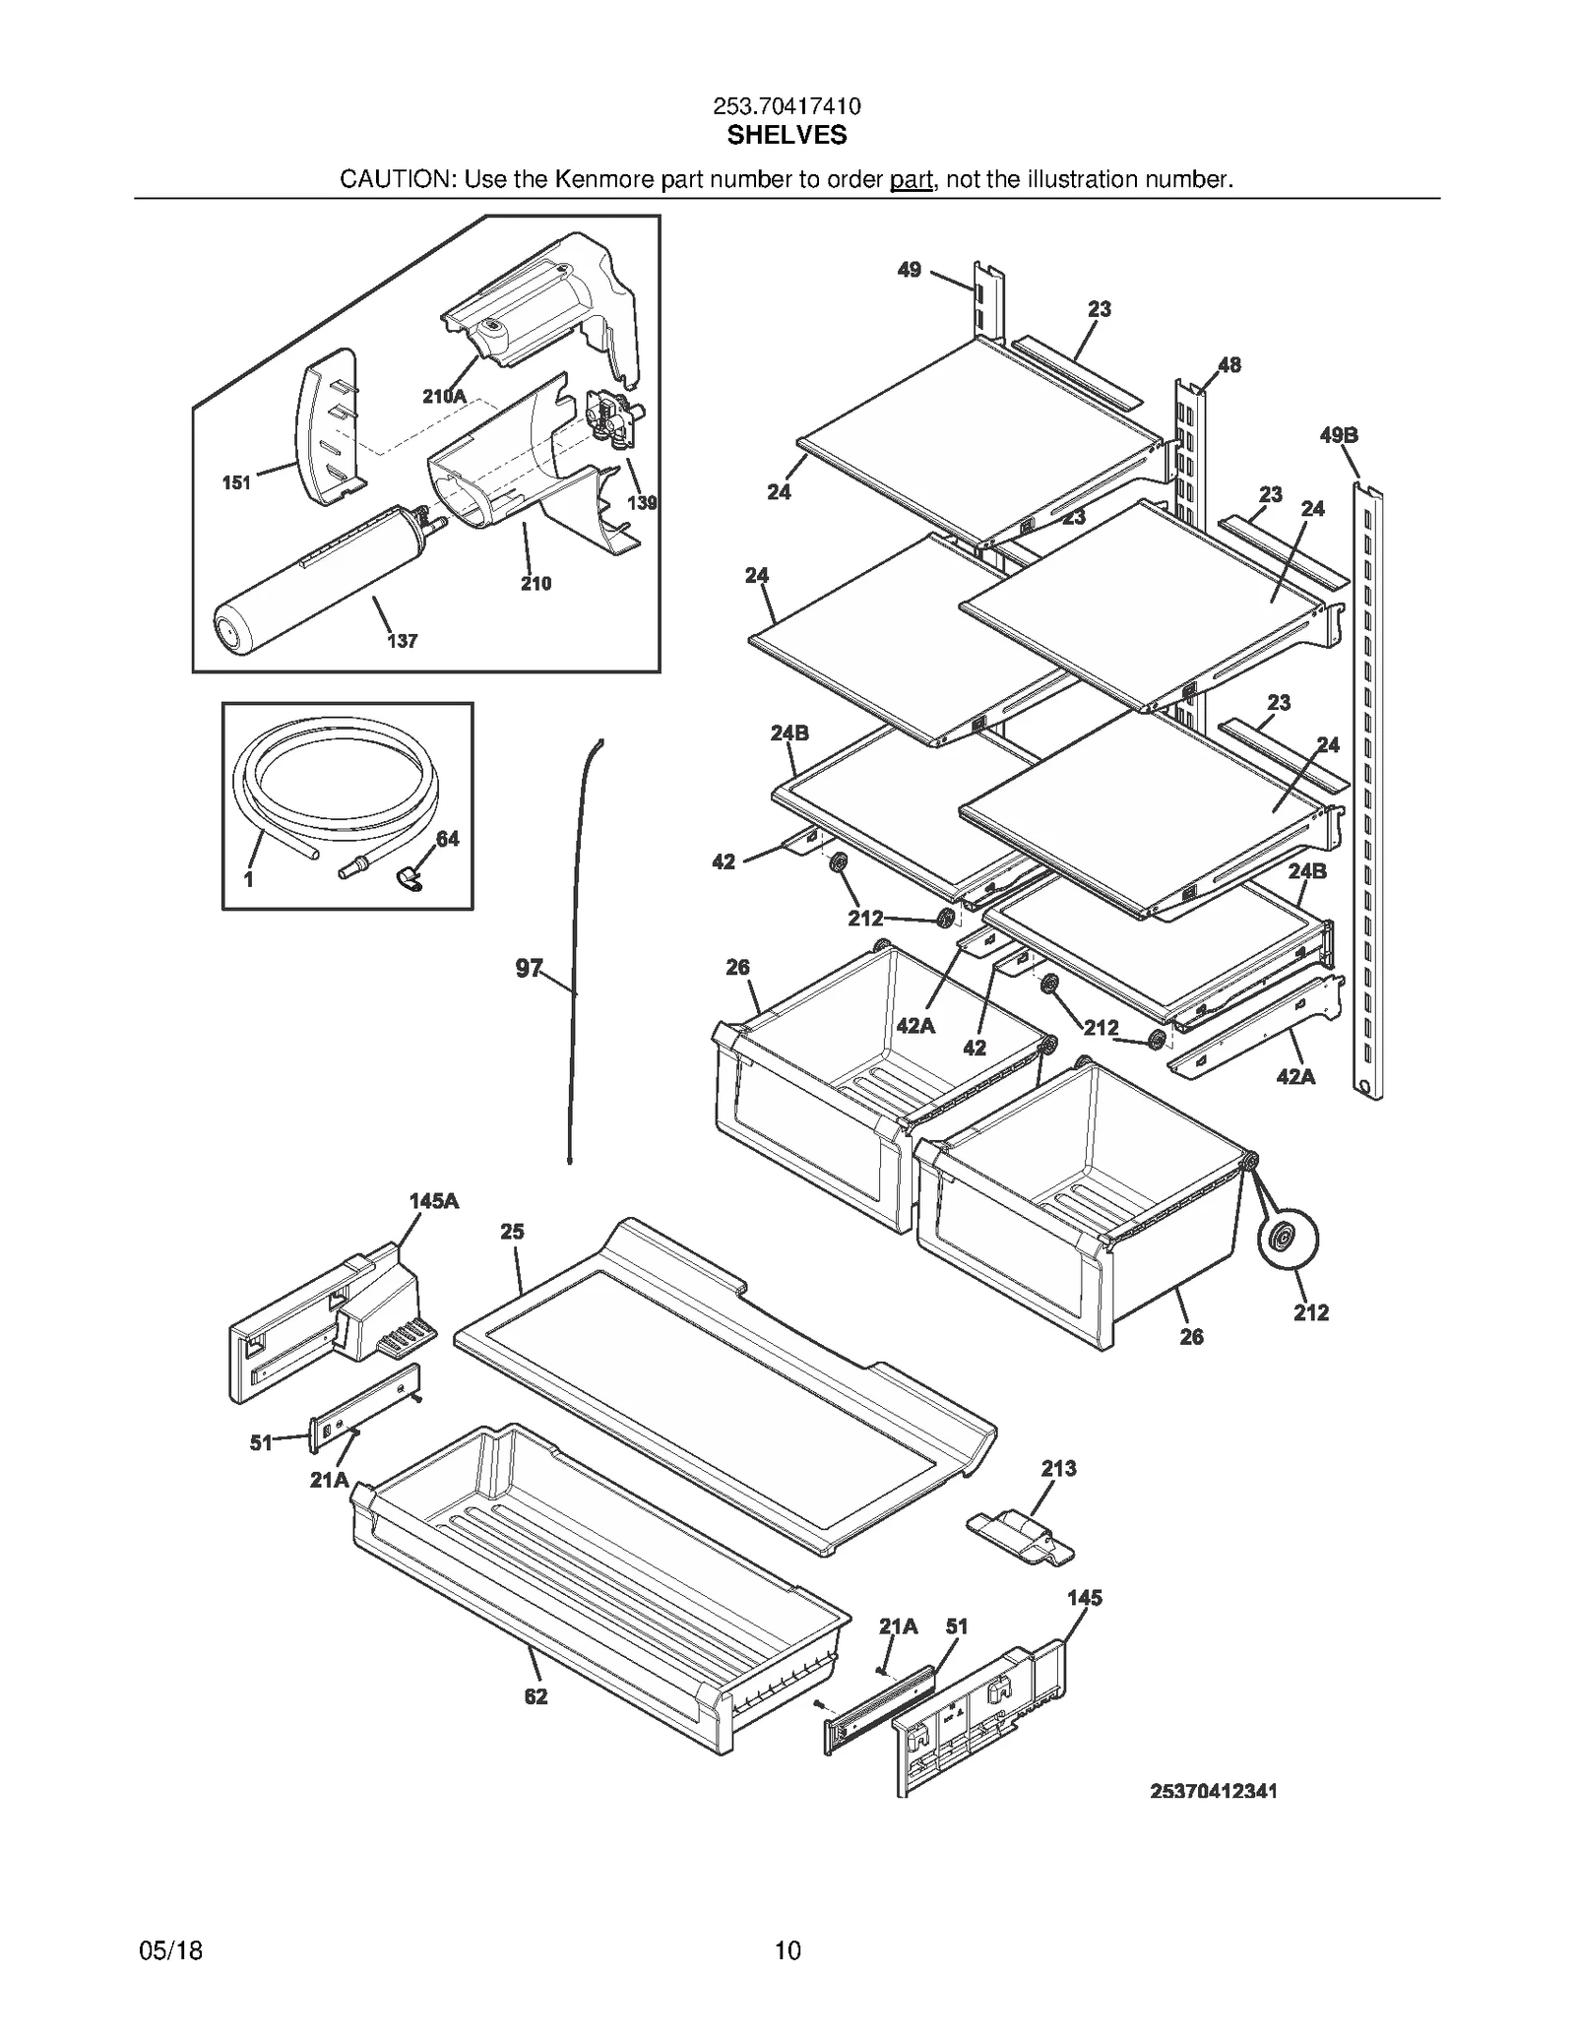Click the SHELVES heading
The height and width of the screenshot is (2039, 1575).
787,136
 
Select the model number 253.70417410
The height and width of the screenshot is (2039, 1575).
787,106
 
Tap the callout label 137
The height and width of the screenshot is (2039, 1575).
402,641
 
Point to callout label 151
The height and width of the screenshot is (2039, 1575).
236,482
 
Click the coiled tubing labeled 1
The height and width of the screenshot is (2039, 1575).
335,777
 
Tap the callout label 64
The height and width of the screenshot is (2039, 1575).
448,839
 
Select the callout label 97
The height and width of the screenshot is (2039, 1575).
529,969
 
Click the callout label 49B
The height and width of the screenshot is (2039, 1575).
1339,435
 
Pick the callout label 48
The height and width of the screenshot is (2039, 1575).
1229,365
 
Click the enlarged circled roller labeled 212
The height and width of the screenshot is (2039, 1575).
1288,1242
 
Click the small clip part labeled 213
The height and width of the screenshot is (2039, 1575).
1020,1536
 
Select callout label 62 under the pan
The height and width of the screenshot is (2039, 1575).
535,1696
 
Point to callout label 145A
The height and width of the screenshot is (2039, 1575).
434,1201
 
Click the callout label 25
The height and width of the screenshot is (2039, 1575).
512,1232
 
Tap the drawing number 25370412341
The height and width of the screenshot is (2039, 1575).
1213,1791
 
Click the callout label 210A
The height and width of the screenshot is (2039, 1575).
444,397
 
